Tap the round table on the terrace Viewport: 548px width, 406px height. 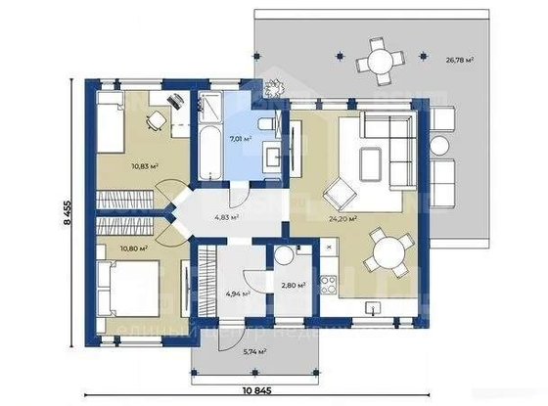pyautogui.click(x=377, y=62)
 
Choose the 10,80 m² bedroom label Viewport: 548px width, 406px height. pyautogui.click(x=133, y=248)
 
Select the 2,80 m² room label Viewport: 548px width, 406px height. pyautogui.click(x=293, y=286)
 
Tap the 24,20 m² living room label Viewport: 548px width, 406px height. pyautogui.click(x=342, y=219)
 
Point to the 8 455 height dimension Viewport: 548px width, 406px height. pyautogui.click(x=68, y=211)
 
